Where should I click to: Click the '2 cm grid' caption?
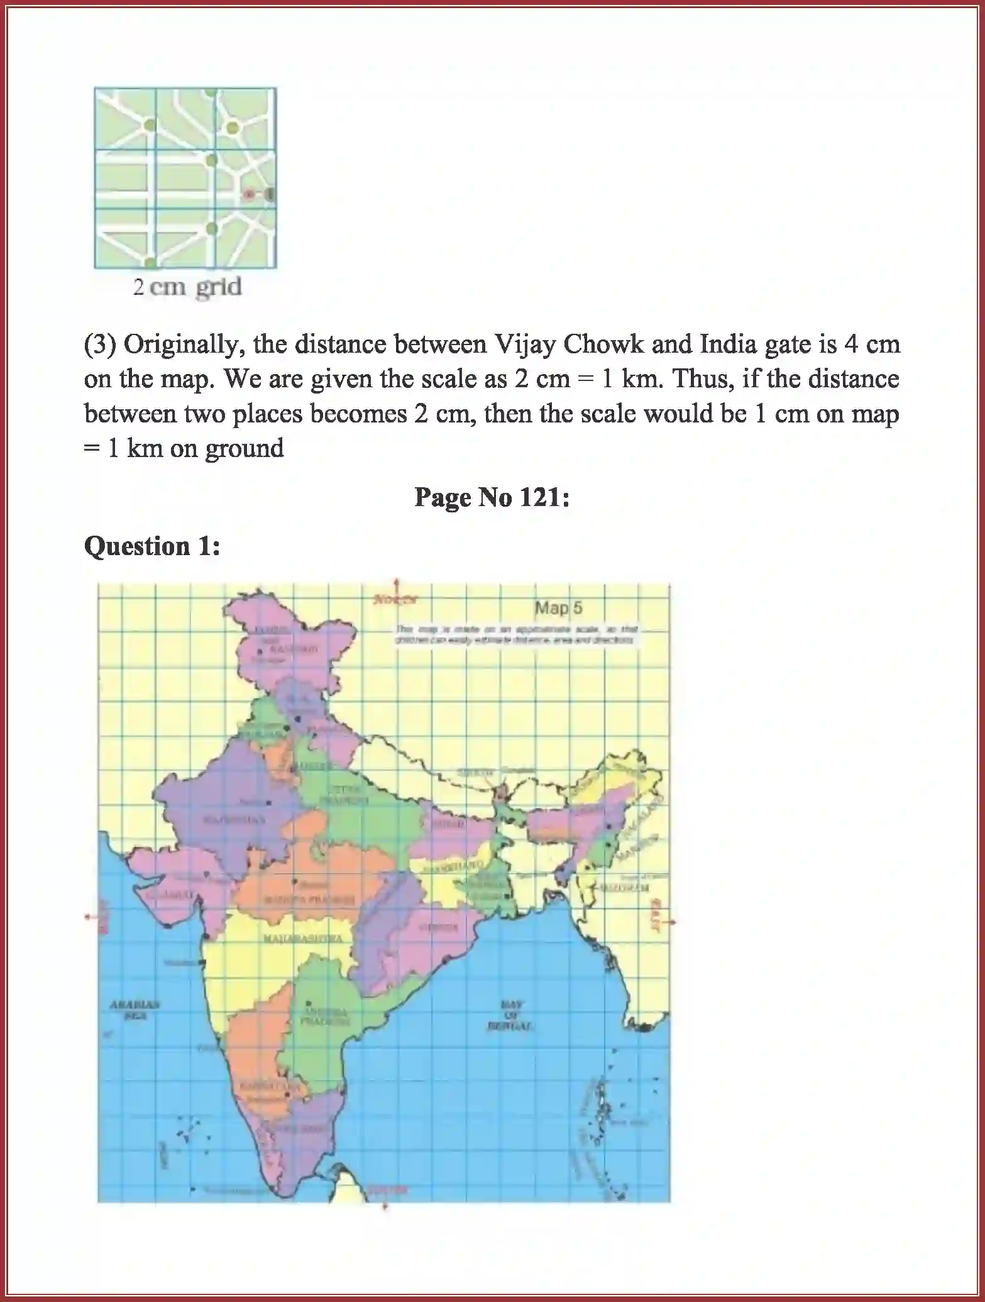point(187,287)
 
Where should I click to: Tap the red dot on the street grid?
point(249,194)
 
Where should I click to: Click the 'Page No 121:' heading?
point(492,498)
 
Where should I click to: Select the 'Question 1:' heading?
point(152,546)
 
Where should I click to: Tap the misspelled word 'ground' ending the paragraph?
point(245,448)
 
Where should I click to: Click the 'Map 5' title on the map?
point(558,608)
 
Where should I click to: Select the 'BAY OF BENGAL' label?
point(510,1016)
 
